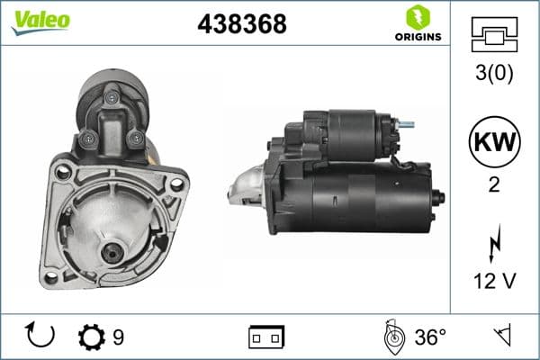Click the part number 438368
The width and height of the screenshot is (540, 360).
click(241, 25)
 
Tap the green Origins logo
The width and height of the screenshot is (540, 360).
click(417, 22)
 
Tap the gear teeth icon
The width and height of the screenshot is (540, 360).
click(91, 337)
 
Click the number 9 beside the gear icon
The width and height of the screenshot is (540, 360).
click(118, 337)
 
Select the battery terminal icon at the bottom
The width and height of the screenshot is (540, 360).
click(266, 337)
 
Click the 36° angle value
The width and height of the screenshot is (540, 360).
click(430, 337)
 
